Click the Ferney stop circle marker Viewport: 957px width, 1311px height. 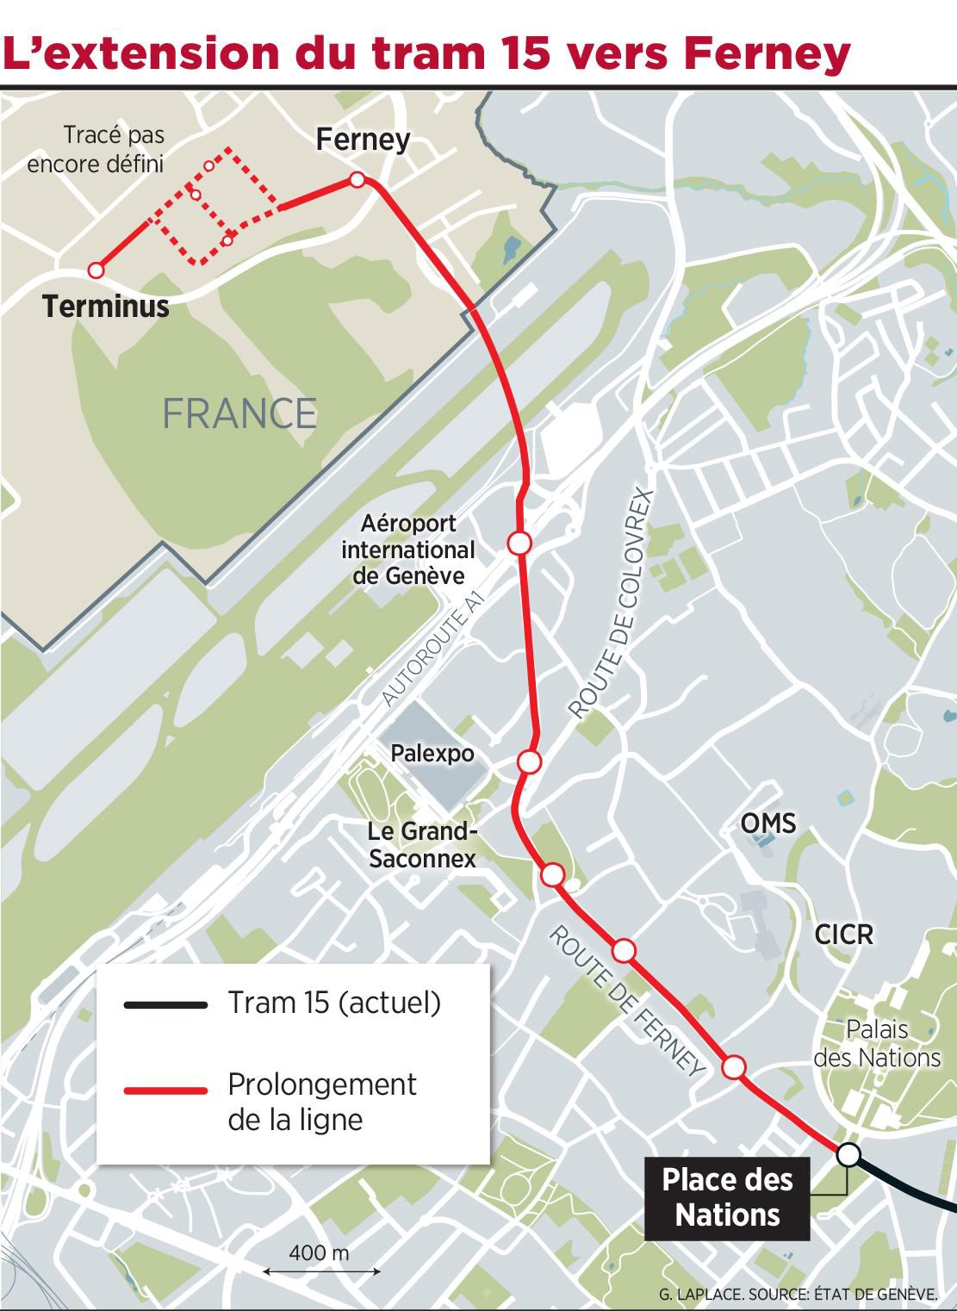pos(357,180)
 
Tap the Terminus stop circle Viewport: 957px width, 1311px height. pos(96,270)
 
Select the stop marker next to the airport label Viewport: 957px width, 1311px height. pos(519,543)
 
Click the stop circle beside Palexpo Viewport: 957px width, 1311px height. pos(530,761)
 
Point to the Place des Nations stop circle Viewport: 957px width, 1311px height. pos(848,1155)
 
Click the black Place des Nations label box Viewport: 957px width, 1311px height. pos(728,1197)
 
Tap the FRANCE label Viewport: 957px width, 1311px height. pos(239,413)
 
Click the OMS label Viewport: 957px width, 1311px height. pos(768,823)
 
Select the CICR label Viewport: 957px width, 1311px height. pos(844,934)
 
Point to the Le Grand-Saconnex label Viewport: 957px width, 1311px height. pos(422,845)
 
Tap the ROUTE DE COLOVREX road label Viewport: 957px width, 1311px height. pos(612,605)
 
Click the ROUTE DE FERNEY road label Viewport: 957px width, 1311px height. pos(627,1000)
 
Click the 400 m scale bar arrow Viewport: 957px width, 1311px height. pos(321,1271)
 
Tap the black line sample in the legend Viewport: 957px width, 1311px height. pos(166,1004)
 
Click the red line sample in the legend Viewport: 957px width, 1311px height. pos(166,1090)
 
